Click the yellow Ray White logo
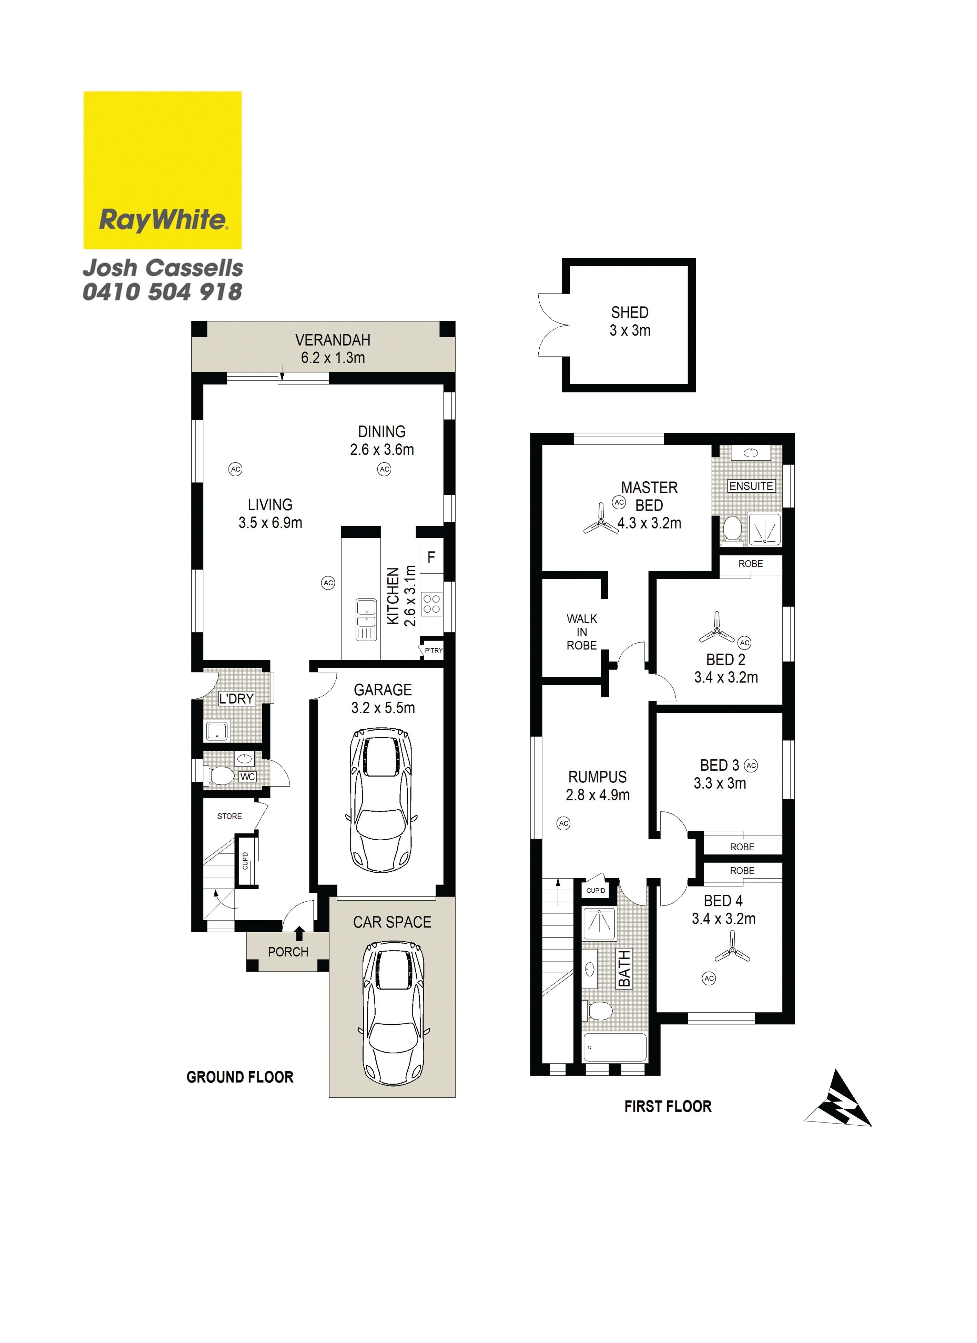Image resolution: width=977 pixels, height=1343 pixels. (x=162, y=170)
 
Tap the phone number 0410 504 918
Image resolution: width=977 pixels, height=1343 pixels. (x=162, y=292)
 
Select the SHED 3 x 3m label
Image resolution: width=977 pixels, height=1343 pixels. (x=630, y=321)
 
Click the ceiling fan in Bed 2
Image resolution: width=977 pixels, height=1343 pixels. (x=716, y=629)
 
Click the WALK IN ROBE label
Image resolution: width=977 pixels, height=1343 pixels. (x=581, y=632)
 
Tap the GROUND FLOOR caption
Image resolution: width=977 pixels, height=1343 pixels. (x=240, y=1077)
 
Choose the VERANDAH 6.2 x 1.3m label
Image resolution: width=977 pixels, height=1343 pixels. (x=333, y=349)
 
